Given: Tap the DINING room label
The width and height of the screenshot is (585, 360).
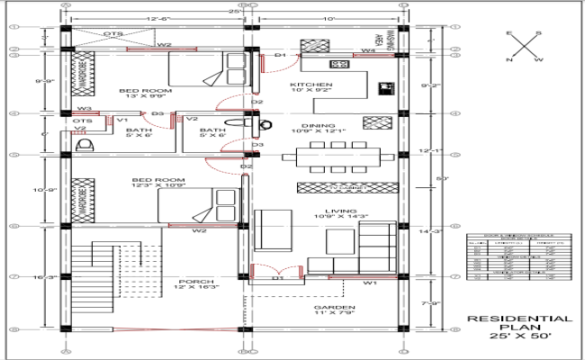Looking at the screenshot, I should pyautogui.click(x=319, y=126).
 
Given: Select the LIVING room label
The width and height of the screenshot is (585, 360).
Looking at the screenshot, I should pyautogui.click(x=330, y=210).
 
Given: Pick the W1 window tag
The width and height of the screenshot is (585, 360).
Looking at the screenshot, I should pyautogui.click(x=369, y=283).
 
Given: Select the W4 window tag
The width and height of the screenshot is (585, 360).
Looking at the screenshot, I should pyautogui.click(x=367, y=51).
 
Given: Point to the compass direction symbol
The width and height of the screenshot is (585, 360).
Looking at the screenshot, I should pyautogui.click(x=524, y=47).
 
